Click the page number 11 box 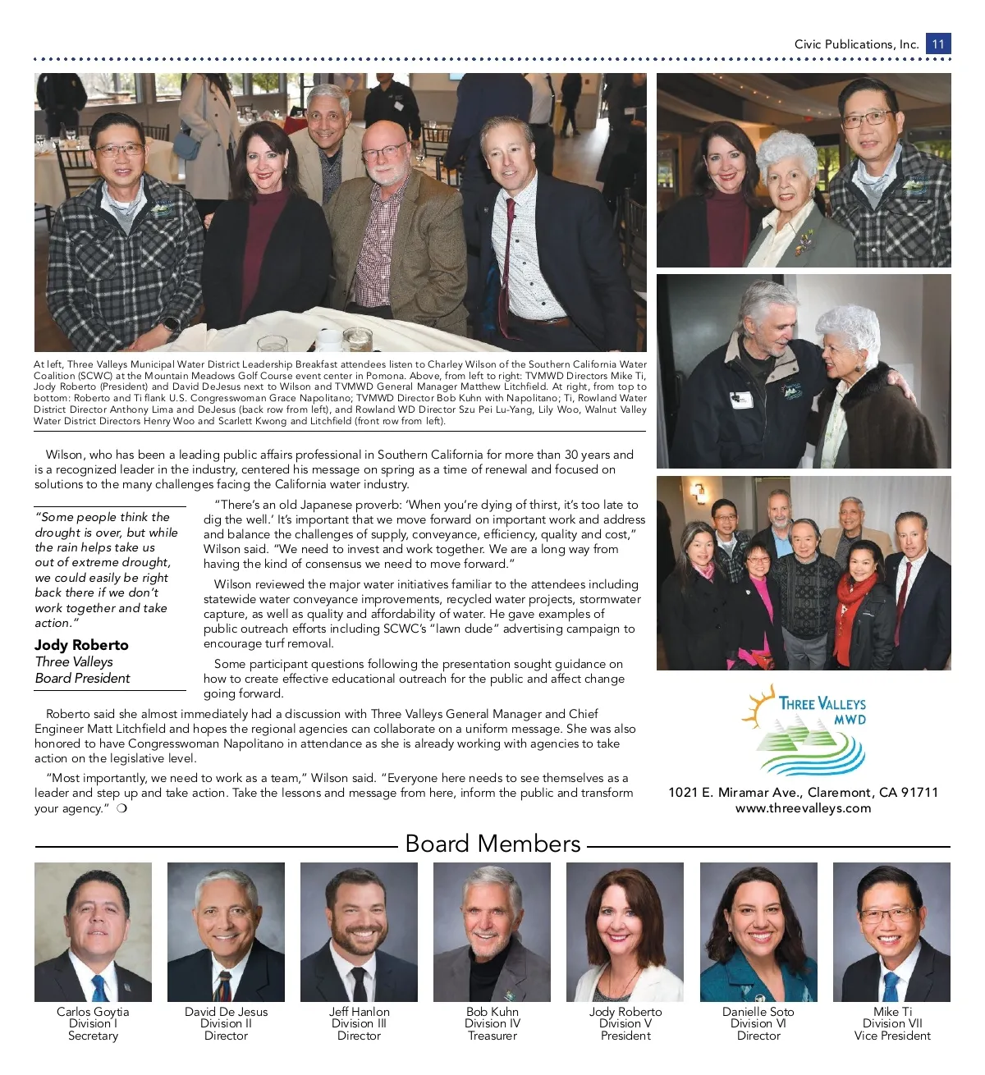[938, 43]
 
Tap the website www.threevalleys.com [803, 808]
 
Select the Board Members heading [492, 844]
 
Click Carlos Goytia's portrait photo [93, 931]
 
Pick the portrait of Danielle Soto [758, 931]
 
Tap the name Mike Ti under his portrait [892, 1012]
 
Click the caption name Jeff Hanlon [360, 1012]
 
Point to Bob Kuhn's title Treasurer [492, 1036]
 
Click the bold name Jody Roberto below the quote [81, 645]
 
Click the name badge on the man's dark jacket [741, 400]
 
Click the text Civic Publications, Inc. [856, 44]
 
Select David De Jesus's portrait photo [226, 931]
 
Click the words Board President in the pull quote [82, 678]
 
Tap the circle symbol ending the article [121, 808]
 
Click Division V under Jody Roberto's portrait [625, 1023]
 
